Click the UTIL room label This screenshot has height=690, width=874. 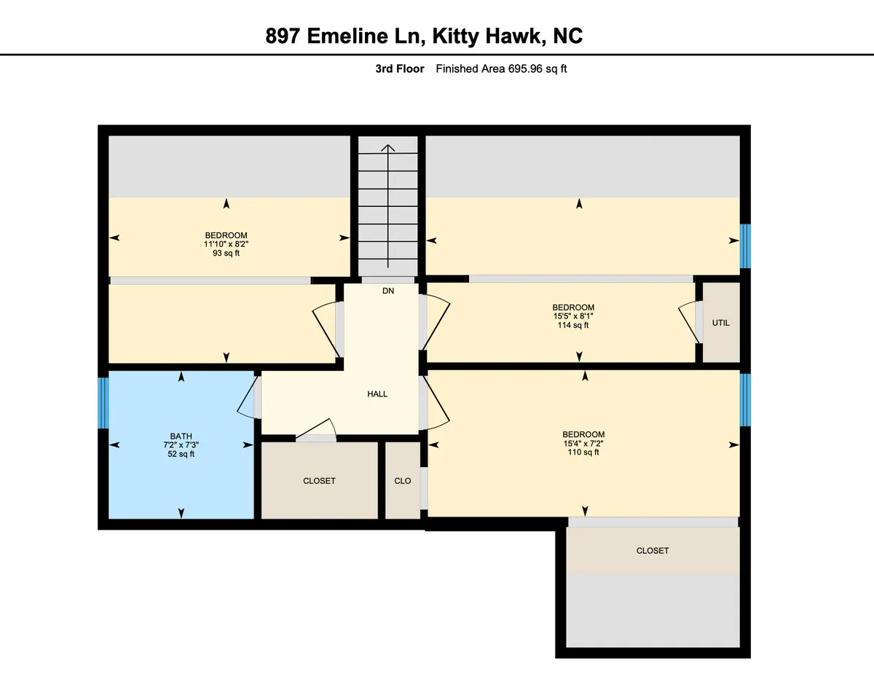point(721,323)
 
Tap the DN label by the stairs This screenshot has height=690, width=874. point(388,291)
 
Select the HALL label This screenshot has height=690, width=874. point(377,393)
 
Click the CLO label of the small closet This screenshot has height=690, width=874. point(403,481)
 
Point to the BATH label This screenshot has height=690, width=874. point(181,436)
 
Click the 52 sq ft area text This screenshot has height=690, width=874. point(181,454)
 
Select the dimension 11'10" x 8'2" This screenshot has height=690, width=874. point(227,244)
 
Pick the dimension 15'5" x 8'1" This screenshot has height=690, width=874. point(573,316)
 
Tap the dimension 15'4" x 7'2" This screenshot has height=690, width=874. point(583,443)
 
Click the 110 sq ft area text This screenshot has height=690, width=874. point(583,452)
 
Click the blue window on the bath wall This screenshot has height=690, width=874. point(103,403)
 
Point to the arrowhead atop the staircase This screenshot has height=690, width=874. point(388,147)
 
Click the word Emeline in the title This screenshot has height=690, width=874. point(347,36)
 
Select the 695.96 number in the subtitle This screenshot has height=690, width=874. point(525,68)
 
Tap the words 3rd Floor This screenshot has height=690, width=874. point(400,68)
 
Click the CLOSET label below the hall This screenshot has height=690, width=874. point(319,481)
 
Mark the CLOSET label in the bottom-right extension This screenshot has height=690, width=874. point(653,551)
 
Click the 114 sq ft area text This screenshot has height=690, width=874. point(573,325)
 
